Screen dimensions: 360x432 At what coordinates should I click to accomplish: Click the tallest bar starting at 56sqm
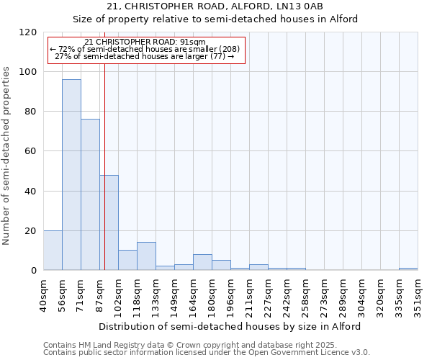[x=71, y=175]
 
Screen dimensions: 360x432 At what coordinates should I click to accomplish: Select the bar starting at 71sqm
[x=90, y=194]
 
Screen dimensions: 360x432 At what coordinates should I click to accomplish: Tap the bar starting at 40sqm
[x=53, y=251]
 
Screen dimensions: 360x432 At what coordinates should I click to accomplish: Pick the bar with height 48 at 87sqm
[x=109, y=222]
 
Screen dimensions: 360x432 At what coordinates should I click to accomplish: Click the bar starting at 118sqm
[x=146, y=256]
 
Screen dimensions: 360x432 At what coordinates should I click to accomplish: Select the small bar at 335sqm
[x=408, y=269]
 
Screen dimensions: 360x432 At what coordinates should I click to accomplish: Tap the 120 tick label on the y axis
[x=28, y=32]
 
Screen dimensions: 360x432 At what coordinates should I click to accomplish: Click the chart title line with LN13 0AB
[x=216, y=6]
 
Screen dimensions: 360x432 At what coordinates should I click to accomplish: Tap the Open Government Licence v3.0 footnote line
[x=207, y=352]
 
